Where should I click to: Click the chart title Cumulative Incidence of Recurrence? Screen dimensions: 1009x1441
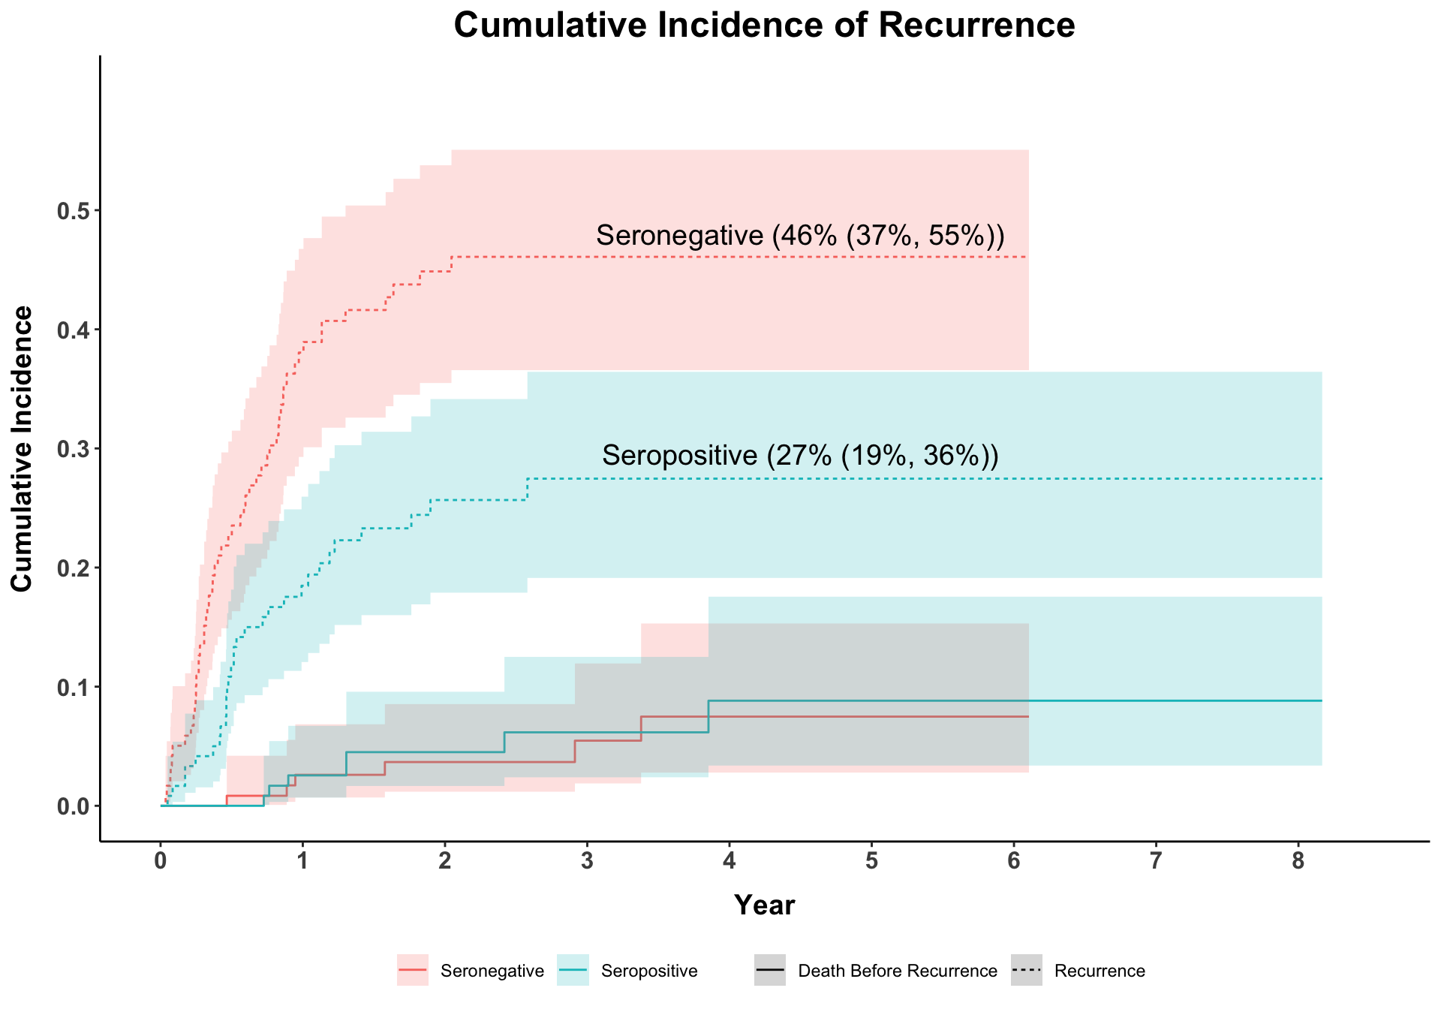[x=764, y=26]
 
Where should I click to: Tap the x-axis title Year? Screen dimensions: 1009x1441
[x=764, y=905]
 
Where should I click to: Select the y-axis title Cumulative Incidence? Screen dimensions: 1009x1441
[x=23, y=448]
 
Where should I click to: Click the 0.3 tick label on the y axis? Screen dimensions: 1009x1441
[x=74, y=449]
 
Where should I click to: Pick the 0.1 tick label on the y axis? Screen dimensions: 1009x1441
[x=74, y=687]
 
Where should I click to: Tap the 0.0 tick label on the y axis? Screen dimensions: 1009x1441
[x=74, y=806]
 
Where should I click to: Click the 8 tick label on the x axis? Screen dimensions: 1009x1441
[x=1298, y=862]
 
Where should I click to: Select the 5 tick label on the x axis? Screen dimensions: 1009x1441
[x=871, y=862]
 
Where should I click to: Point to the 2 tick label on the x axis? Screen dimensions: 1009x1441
[x=445, y=862]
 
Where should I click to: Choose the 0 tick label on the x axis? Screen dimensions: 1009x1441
[x=161, y=862]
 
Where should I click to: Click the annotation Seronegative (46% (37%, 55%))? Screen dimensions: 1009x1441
[x=800, y=236]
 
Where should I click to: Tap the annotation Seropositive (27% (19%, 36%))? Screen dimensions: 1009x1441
[x=800, y=456]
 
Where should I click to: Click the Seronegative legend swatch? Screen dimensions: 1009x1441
[x=413, y=970]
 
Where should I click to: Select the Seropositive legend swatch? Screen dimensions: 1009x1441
[x=573, y=970]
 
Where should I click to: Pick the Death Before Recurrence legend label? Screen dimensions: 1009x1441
[x=898, y=971]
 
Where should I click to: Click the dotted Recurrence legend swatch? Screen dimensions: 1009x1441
[x=1027, y=970]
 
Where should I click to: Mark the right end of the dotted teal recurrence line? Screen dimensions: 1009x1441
[x=1321, y=479]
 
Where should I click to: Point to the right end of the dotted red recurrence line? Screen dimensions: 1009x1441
[x=1027, y=258]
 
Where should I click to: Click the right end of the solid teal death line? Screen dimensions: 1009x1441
[x=1321, y=700]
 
